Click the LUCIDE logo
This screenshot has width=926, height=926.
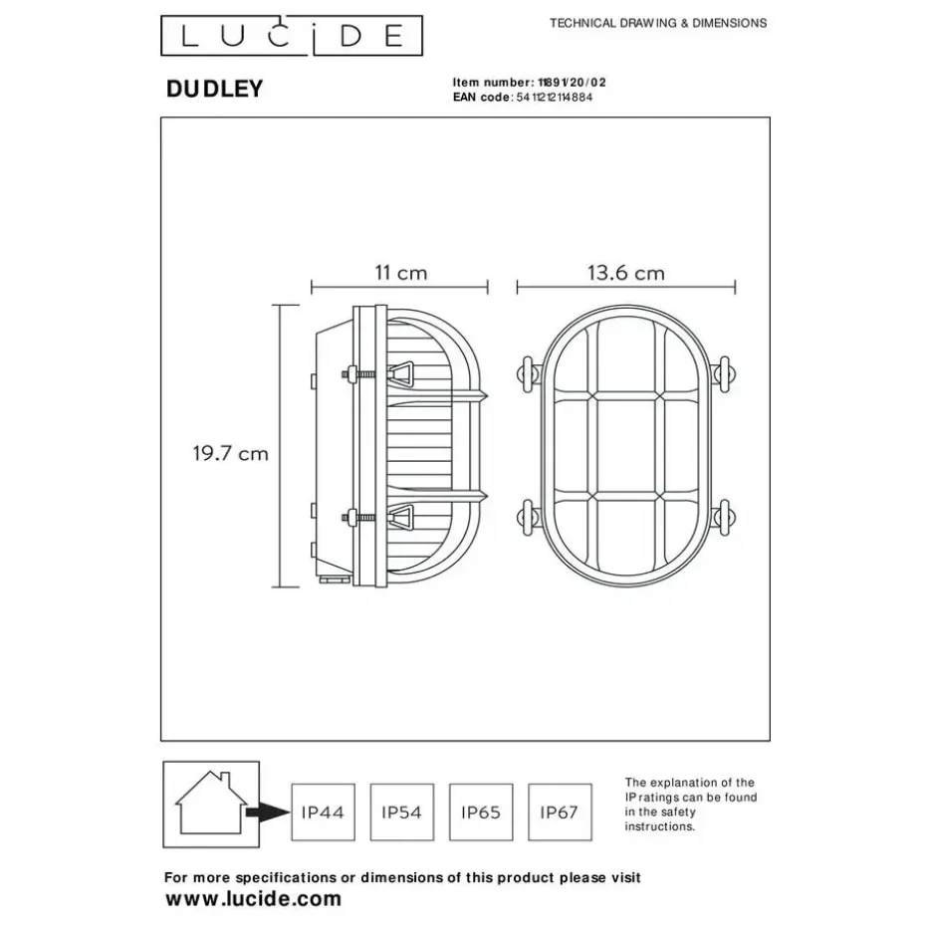(292, 36)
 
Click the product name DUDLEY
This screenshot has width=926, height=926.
(214, 89)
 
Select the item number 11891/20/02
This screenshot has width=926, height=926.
(572, 83)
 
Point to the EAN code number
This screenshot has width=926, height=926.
(554, 98)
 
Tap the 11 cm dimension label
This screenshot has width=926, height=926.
(401, 273)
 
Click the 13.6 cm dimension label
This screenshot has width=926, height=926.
(626, 273)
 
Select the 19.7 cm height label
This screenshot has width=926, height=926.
(230, 454)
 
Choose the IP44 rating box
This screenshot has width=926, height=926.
(323, 812)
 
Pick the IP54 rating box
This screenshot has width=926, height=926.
(402, 812)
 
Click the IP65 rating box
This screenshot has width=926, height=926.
(481, 812)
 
